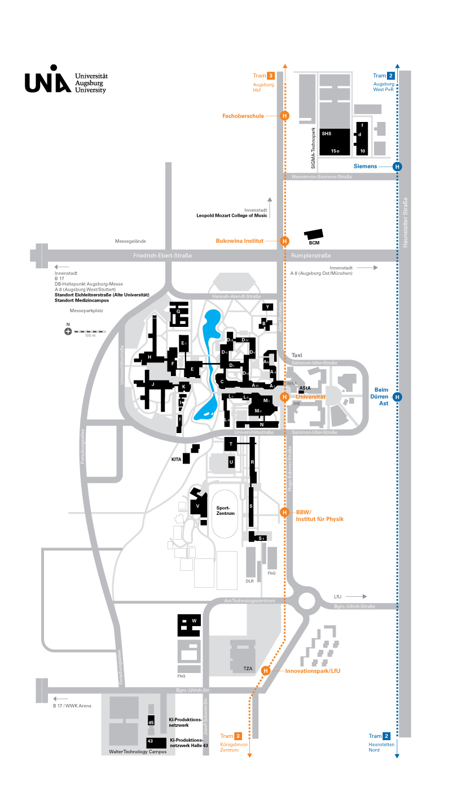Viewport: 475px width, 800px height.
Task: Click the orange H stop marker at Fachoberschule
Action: point(285,116)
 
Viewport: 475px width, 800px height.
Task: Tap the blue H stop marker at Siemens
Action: point(397,167)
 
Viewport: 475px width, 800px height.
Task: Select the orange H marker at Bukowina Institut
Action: point(285,241)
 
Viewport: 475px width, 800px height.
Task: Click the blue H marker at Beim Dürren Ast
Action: point(397,397)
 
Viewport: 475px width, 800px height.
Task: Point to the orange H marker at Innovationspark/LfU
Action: point(266,671)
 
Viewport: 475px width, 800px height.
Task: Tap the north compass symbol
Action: point(68,331)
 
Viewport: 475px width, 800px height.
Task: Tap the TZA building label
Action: point(248,669)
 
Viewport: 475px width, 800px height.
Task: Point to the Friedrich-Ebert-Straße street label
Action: point(162,256)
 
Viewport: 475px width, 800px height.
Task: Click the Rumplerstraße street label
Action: point(311,256)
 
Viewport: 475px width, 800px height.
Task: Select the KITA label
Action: point(177,460)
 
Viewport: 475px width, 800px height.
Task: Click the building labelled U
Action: point(231,462)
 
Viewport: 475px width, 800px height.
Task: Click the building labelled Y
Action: point(267,306)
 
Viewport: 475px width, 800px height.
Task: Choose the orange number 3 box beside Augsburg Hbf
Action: point(271,76)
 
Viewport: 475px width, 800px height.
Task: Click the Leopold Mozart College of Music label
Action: point(232,216)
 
